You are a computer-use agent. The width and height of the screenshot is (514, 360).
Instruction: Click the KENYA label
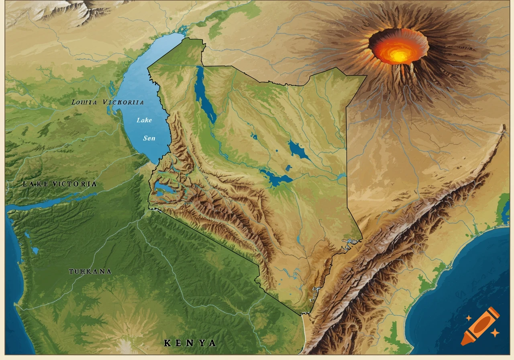(190, 343)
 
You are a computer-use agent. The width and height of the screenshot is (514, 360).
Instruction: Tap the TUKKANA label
(90, 272)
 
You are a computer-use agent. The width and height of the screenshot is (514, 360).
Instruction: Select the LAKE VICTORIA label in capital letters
(59, 184)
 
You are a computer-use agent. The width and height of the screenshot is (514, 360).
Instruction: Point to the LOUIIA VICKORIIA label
(107, 102)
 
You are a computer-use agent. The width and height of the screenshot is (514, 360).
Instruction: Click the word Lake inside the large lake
(144, 120)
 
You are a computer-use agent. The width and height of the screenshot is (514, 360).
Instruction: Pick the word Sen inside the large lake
(149, 138)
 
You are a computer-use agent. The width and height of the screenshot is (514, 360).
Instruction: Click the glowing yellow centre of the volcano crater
(399, 55)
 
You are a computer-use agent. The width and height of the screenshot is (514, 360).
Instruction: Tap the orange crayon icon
(480, 326)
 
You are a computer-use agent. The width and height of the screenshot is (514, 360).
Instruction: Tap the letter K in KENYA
(167, 343)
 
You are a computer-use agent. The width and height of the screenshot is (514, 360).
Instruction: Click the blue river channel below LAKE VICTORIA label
(48, 203)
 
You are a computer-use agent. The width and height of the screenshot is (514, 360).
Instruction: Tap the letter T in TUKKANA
(71, 272)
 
